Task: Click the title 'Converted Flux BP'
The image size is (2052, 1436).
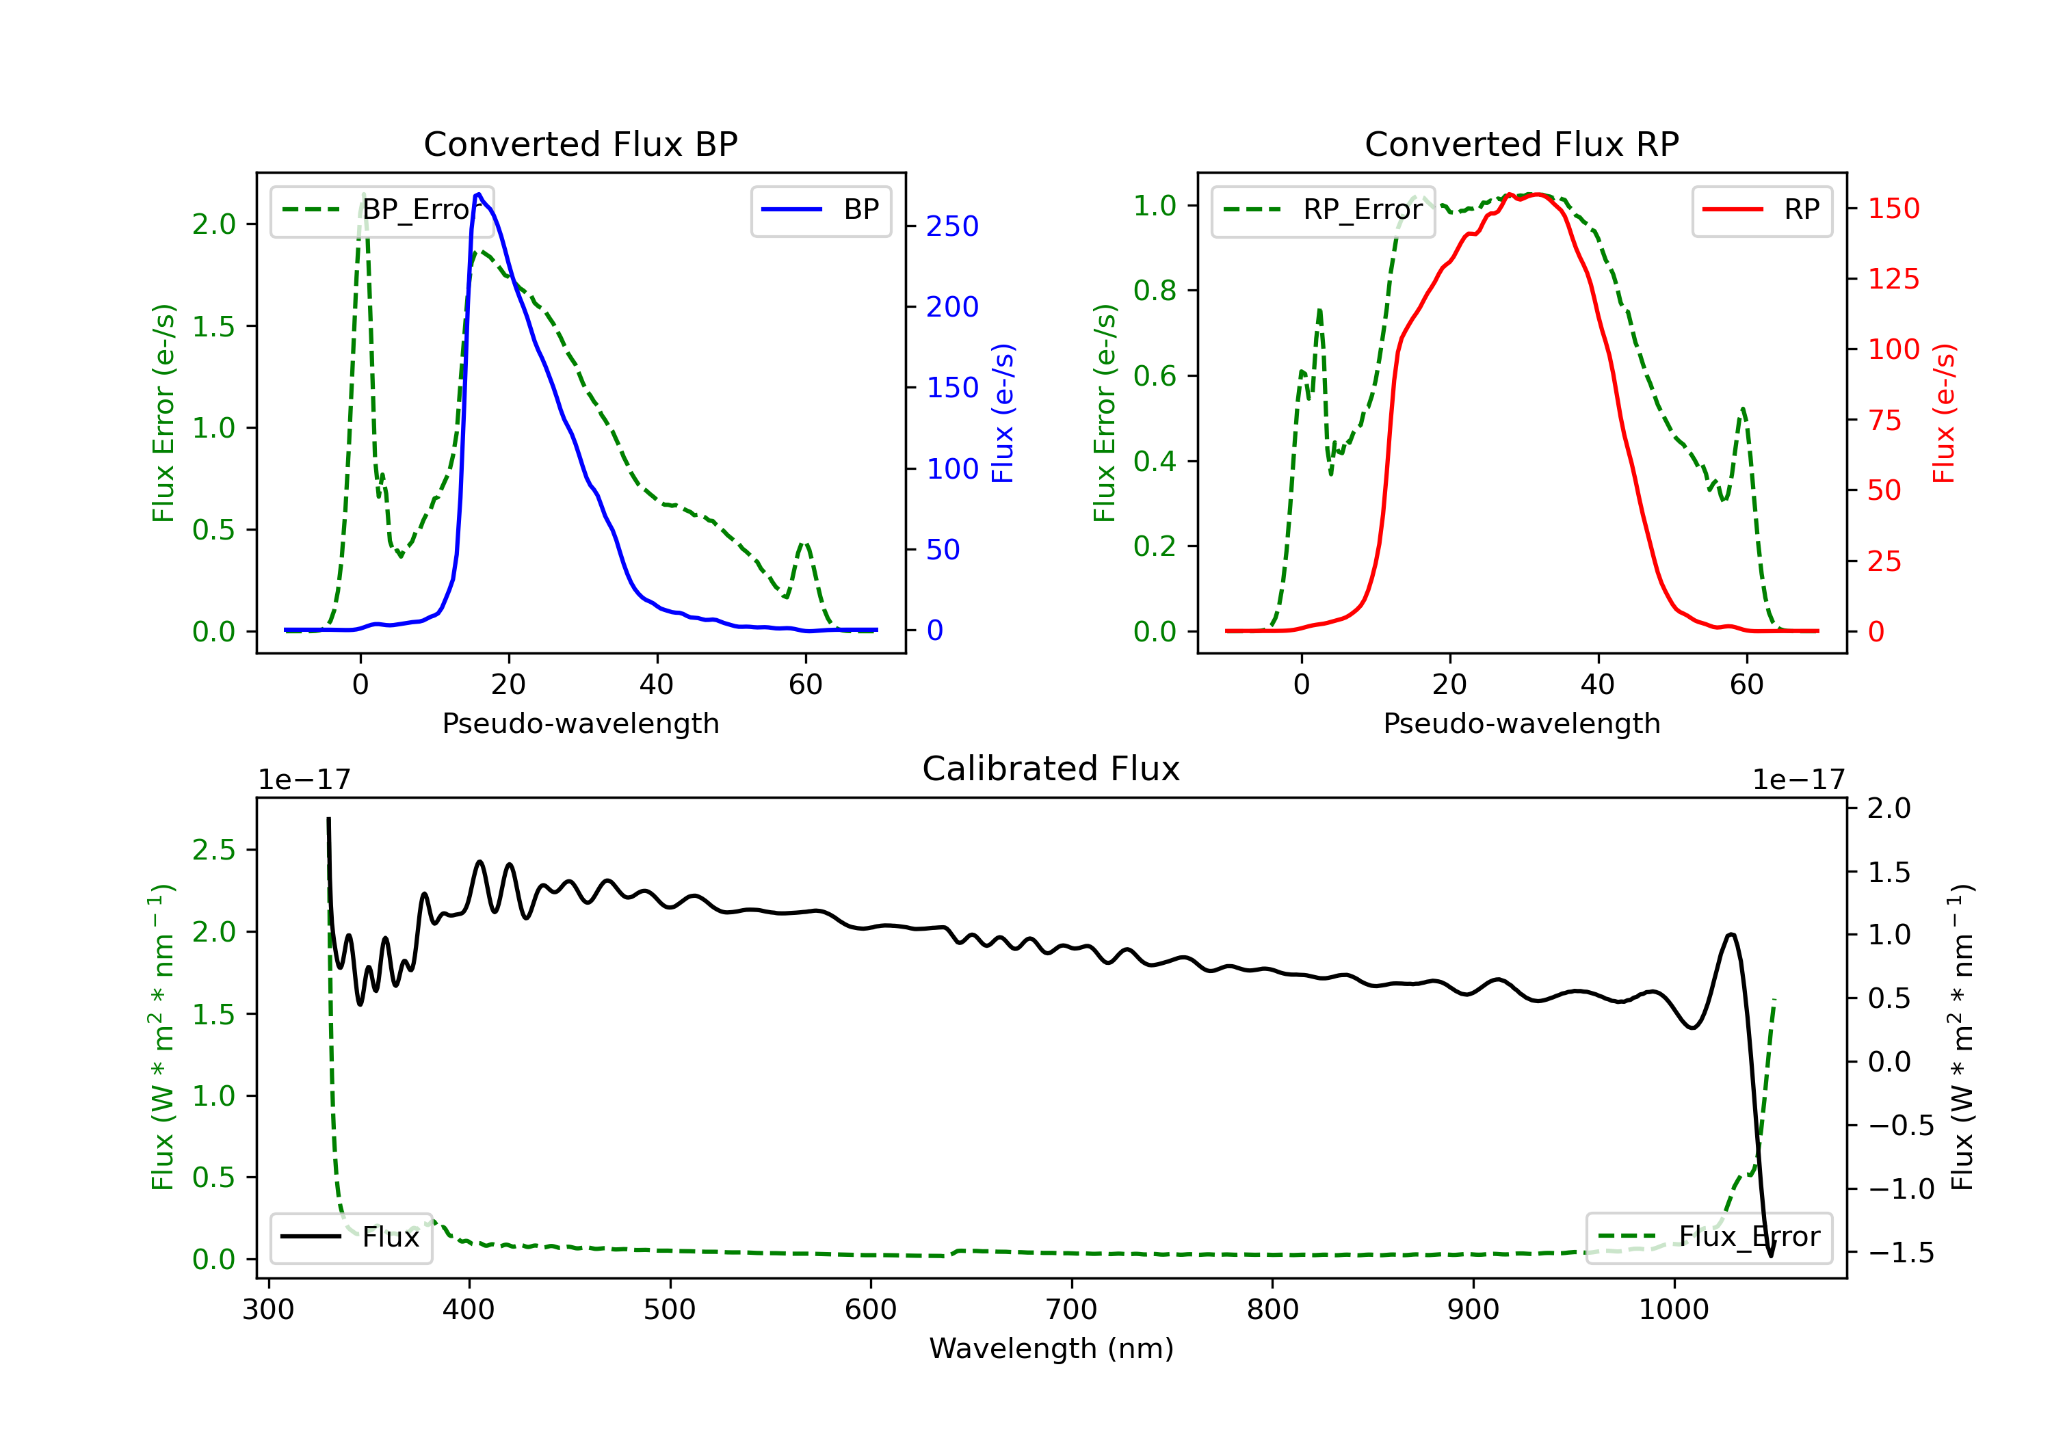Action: click(581, 144)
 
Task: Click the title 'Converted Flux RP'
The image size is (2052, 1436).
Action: click(1522, 144)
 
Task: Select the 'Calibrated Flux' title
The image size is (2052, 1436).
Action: click(1051, 769)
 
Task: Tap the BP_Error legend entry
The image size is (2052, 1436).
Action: click(382, 210)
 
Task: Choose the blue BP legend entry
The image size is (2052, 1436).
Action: click(820, 210)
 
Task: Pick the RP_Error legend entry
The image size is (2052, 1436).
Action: click(1324, 210)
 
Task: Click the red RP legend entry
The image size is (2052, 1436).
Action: click(1761, 210)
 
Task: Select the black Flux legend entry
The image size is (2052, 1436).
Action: click(350, 1238)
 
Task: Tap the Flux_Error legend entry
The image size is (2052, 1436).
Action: click(1709, 1238)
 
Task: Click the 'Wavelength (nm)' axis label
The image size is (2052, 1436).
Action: click(1051, 1348)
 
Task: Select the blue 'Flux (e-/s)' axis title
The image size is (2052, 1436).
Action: click(1003, 414)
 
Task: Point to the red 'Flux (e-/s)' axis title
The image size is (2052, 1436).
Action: click(1945, 414)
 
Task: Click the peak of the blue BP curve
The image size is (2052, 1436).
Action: click(479, 194)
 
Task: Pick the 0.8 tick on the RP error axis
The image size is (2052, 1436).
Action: click(1155, 291)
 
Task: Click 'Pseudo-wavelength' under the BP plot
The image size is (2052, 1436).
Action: click(581, 723)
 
